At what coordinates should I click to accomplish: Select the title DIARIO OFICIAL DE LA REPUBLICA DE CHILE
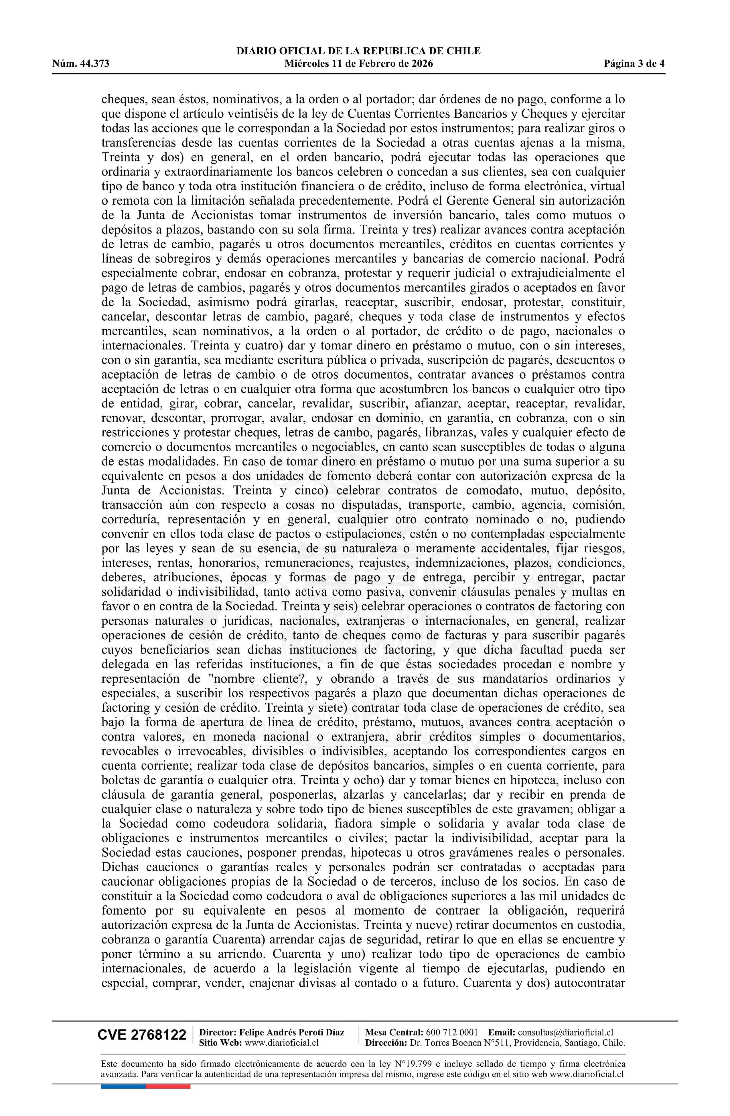pos(358,51)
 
